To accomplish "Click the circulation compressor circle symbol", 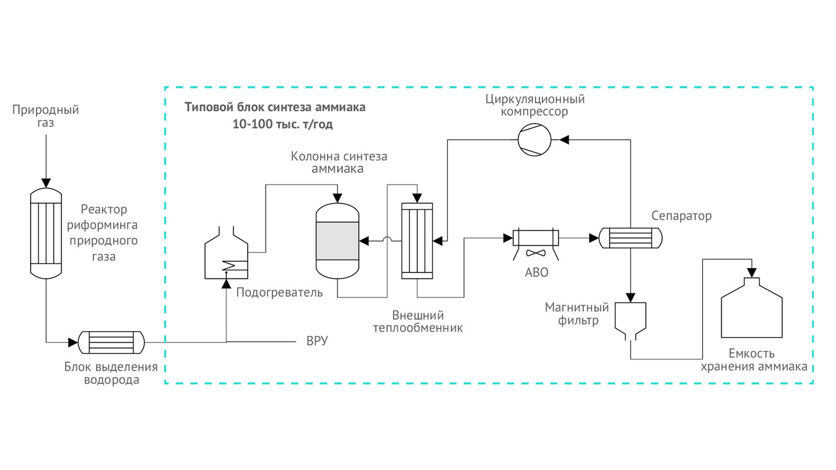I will point(534,140).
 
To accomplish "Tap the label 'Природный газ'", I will point(46,116).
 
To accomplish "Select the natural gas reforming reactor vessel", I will point(46,233).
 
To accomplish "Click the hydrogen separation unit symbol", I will point(111,342).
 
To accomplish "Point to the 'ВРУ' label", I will point(317,341).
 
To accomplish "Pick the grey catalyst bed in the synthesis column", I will point(337,241).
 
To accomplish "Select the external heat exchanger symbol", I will point(417,241).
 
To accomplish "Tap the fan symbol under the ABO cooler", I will point(535,253).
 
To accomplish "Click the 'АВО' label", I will point(536,273).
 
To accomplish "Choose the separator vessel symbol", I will point(630,238).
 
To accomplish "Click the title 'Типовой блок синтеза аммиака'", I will point(275,107).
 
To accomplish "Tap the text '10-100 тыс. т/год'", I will point(283,124).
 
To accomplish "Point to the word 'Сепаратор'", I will point(681,216).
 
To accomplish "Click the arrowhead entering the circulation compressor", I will point(564,140).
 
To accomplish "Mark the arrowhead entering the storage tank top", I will point(752,273).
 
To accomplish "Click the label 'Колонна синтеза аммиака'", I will point(338,163).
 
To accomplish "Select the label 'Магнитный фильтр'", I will point(577,314).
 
